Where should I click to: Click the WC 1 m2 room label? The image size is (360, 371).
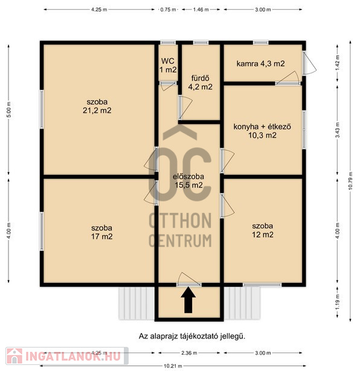coord(168,65)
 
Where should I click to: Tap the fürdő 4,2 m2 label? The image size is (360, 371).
coord(200,83)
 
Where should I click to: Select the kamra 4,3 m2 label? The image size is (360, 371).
coord(260,64)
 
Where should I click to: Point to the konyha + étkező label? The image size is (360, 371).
coord(262,127)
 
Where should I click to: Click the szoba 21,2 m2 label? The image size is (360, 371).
coord(97,106)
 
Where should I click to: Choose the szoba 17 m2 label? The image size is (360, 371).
coord(101,232)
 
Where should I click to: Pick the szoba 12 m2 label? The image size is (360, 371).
coord(262,230)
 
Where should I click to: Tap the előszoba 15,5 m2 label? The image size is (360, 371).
coord(188,180)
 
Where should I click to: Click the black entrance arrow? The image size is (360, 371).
coord(188,300)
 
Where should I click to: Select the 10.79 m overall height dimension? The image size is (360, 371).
coord(351,180)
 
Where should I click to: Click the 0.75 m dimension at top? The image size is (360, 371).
coord(168,10)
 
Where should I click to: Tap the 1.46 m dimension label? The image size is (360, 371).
coord(201,10)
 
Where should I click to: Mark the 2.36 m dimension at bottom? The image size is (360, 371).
coord(189,353)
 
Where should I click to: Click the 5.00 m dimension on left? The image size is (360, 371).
coord(9,110)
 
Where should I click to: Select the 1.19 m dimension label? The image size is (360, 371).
coord(338,302)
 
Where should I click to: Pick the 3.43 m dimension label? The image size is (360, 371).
coord(338,130)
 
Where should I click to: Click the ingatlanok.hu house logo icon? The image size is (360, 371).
coord(14,356)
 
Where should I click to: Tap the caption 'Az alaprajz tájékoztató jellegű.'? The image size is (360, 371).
coord(192,336)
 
